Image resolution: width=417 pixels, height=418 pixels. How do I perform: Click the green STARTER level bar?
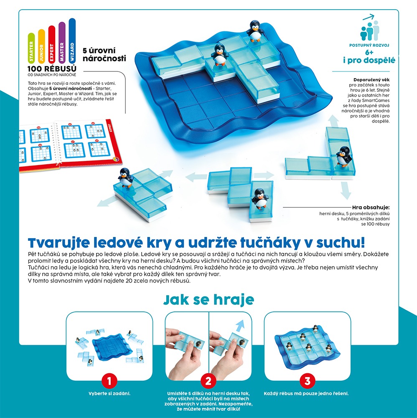coord(31,48)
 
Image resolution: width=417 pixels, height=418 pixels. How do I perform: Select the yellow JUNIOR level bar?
coord(41,46)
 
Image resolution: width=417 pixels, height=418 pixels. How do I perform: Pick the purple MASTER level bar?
coord(62,43)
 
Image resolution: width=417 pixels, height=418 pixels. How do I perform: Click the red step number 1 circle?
coord(109,381)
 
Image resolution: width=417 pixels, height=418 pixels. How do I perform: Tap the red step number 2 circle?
coord(208,381)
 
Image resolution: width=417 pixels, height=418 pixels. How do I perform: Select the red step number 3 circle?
coord(307,381)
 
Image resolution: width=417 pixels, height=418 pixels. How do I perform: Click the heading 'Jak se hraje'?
coord(208,300)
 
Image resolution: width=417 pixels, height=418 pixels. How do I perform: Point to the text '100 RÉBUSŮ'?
coord(52,69)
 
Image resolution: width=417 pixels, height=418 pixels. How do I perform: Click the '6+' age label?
coord(369,52)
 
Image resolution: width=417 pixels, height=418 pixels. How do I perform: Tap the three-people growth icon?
coord(369,28)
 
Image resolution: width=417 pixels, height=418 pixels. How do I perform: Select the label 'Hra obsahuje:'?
coord(371,207)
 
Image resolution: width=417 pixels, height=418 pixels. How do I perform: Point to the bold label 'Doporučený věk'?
coord(371,80)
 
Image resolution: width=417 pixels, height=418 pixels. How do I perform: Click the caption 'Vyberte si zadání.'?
coord(109,393)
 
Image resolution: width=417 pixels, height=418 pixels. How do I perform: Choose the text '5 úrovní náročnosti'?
coord(104,54)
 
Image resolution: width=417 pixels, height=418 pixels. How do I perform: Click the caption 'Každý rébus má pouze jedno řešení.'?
coord(306,393)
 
